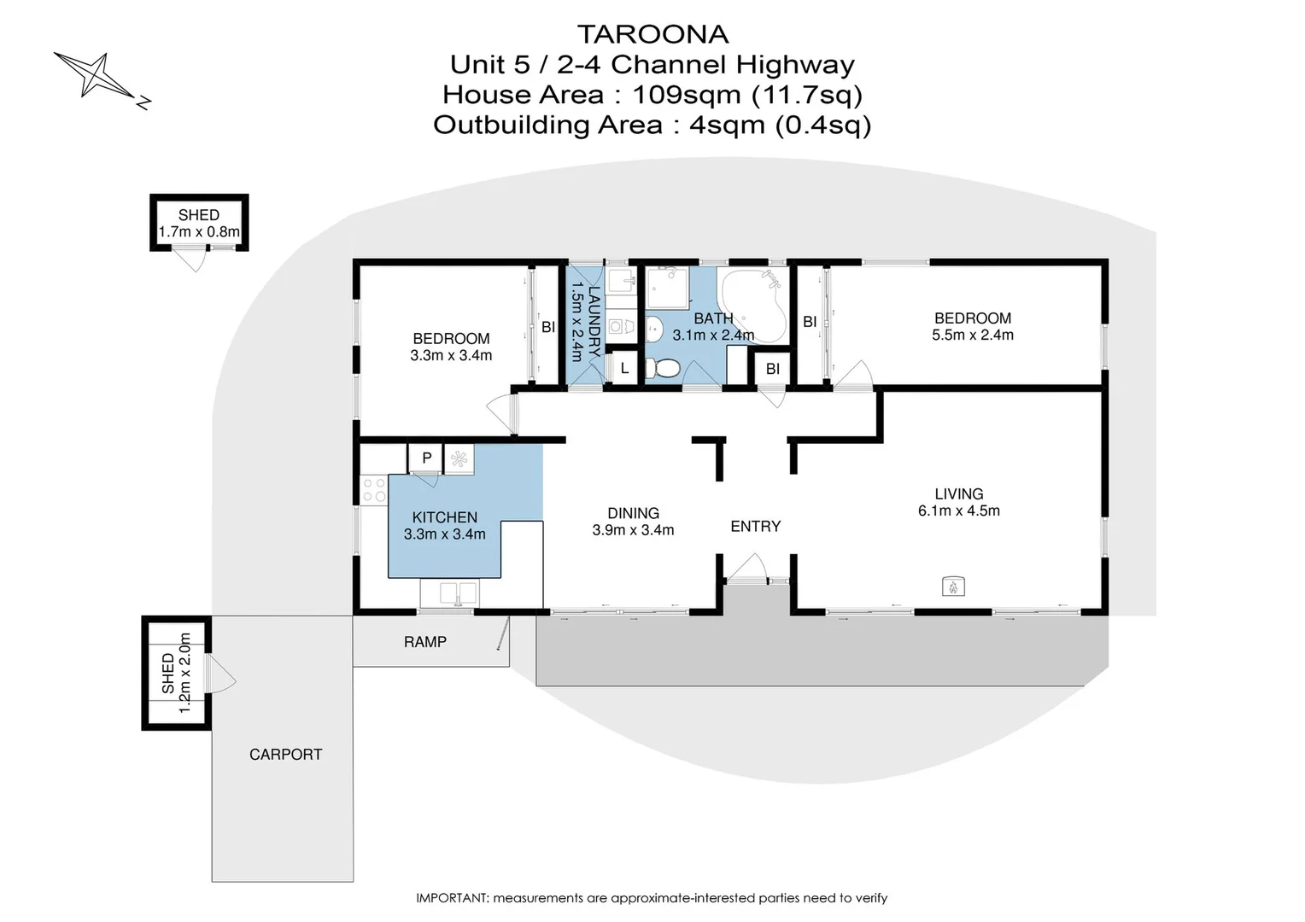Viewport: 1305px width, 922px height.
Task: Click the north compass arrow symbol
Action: (96, 75)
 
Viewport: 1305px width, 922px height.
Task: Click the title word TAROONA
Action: (652, 34)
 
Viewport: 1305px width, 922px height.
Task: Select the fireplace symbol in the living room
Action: (953, 586)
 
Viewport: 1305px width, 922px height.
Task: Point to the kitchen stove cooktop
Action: (374, 489)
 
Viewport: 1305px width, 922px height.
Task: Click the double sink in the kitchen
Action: (449, 592)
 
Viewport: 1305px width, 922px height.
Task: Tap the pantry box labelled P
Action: (426, 458)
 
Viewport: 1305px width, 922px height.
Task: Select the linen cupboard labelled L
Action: (624, 369)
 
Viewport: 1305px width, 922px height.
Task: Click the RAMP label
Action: (425, 642)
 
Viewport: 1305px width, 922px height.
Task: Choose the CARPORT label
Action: (285, 755)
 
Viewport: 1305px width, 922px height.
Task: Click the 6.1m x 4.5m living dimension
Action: (958, 511)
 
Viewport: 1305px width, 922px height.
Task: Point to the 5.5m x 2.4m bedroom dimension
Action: (972, 336)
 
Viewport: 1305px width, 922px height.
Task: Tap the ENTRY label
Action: (755, 527)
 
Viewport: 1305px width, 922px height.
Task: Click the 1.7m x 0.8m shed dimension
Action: (199, 232)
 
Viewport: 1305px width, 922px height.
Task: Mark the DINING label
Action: (633, 513)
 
